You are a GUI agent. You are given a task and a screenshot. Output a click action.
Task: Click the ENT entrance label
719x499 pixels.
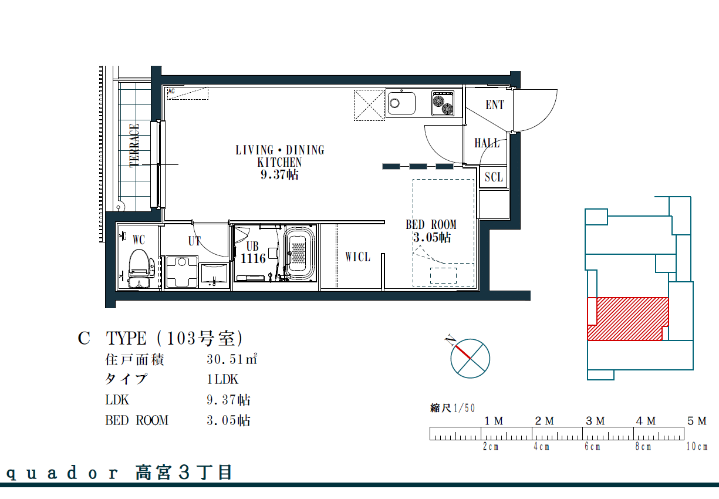[x=495, y=104]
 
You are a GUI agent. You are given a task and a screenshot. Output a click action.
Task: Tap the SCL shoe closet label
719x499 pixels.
[x=494, y=177]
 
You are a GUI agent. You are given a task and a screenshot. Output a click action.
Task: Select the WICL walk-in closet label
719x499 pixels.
[x=357, y=257]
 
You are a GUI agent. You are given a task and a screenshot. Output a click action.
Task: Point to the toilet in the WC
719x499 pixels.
[x=139, y=268]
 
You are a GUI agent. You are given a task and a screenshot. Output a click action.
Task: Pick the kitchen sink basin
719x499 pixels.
[x=401, y=103]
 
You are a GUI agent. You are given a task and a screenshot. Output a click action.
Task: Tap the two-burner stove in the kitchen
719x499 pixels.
[x=443, y=103]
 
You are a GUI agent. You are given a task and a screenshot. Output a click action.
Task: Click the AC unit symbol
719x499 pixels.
[x=188, y=93]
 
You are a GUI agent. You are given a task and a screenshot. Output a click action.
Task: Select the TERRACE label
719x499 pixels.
[x=134, y=146]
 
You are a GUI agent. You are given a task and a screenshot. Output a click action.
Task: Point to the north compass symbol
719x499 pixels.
[x=470, y=358]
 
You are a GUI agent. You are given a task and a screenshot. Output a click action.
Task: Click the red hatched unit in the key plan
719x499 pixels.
[x=628, y=319]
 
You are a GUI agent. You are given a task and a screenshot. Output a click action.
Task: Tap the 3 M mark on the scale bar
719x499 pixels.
[x=595, y=421]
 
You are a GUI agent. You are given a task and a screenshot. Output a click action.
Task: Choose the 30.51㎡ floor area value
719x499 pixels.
[x=232, y=359]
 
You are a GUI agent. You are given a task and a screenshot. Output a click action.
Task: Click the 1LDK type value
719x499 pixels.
[x=222, y=380]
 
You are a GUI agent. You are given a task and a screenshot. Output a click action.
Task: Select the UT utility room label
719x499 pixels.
[x=194, y=241]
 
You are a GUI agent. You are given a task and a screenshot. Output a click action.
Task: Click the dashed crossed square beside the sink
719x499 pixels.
[x=369, y=105]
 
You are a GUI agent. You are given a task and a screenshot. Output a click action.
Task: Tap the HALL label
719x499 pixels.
[x=487, y=143]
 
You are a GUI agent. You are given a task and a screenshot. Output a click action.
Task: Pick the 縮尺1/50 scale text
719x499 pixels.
[x=453, y=408]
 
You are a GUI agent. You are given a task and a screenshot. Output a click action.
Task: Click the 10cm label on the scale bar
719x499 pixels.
[x=697, y=446]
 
